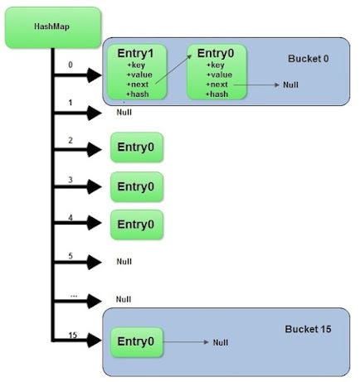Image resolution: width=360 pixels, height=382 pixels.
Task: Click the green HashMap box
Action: [51, 27]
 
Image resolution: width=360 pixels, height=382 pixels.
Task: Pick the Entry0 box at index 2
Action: [137, 150]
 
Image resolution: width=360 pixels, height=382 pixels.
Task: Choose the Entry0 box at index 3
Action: [137, 186]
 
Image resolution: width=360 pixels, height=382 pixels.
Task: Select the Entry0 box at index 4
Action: [137, 224]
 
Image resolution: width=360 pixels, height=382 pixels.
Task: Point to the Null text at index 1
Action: [124, 112]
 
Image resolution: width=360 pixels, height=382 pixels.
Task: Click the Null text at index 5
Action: [124, 261]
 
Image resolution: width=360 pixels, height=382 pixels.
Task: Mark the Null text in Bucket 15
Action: [220, 342]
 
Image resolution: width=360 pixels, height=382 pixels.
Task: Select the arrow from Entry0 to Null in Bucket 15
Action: [186, 341]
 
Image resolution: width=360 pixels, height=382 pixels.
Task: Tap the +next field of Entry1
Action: [139, 84]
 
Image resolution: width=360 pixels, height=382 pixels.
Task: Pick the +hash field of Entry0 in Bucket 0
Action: [218, 94]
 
